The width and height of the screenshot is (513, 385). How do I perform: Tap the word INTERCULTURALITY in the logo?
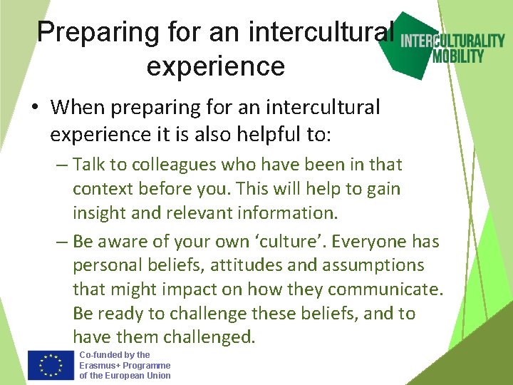click(x=452, y=41)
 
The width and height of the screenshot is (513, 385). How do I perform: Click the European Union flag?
click(x=51, y=365)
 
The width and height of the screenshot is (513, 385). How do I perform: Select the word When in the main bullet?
click(x=76, y=108)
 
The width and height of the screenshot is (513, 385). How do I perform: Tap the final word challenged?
click(x=208, y=337)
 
